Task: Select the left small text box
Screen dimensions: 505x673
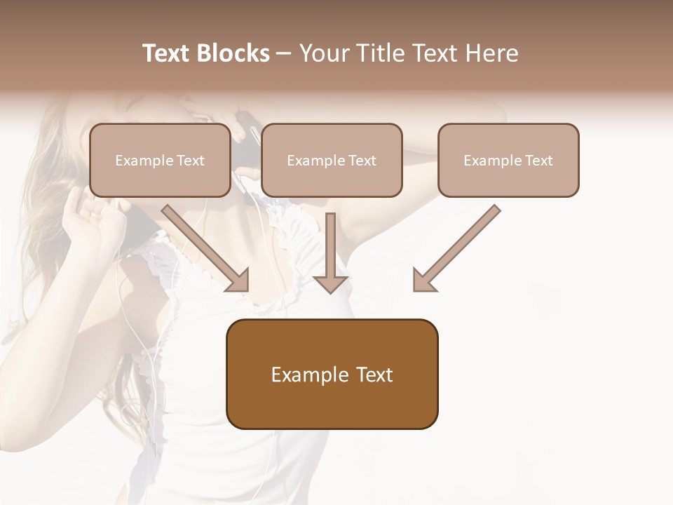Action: tap(160, 160)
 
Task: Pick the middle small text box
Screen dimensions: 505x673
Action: tap(332, 160)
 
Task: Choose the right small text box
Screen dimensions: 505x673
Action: tap(508, 160)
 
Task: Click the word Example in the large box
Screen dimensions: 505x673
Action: tap(309, 375)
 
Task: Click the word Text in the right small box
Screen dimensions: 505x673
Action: tap(539, 160)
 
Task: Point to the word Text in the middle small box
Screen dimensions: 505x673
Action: tap(362, 160)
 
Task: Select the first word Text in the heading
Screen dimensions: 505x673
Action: tap(168, 53)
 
